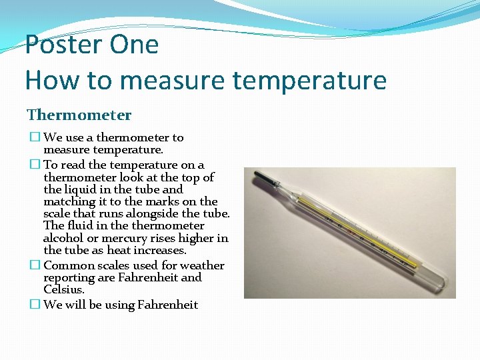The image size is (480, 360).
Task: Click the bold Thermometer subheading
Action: point(79,115)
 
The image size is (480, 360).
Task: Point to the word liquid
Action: point(81,189)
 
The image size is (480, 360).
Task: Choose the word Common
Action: point(66,265)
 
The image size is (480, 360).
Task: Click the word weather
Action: point(202,265)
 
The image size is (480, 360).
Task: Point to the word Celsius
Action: point(63,289)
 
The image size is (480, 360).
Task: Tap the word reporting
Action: point(68,277)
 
